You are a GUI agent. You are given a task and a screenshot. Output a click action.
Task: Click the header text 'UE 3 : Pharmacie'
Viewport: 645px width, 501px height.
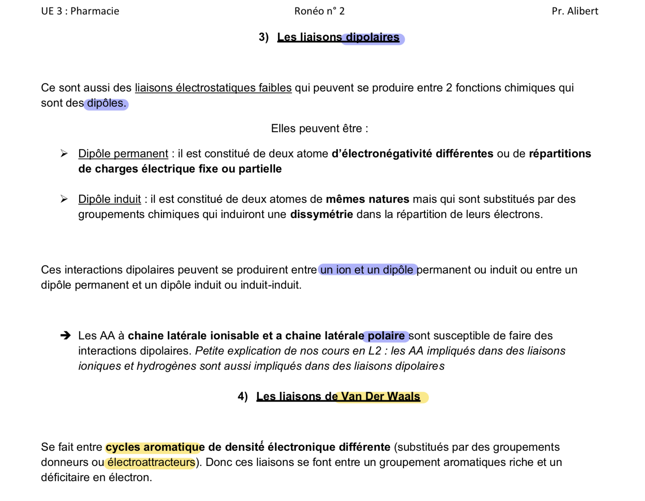[x=80, y=11]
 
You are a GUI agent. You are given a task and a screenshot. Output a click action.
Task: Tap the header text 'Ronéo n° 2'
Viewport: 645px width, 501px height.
[x=319, y=11]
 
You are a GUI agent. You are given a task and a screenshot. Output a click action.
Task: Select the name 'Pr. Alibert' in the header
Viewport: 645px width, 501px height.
[x=575, y=11]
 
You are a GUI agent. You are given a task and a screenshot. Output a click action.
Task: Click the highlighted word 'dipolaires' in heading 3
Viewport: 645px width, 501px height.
[x=373, y=38]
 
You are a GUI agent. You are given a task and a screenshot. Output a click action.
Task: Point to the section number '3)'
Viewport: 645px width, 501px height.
[x=263, y=37]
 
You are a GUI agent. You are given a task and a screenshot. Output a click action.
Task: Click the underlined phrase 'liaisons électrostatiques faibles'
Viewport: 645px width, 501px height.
[x=213, y=88]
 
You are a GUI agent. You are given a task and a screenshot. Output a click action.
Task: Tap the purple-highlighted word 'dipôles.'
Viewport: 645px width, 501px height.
[x=106, y=103]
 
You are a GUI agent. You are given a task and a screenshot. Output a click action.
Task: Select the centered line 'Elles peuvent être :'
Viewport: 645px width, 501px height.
[x=319, y=129]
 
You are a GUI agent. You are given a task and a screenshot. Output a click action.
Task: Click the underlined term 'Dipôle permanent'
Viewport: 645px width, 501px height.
[x=123, y=154]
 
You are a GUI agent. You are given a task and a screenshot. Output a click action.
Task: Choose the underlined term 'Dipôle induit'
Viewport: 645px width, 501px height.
[x=109, y=199]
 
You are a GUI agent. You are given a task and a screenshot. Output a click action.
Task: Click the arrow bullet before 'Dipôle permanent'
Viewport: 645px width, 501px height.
[x=64, y=154]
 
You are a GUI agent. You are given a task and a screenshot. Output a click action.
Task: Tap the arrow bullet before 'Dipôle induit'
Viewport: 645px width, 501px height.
[x=64, y=199]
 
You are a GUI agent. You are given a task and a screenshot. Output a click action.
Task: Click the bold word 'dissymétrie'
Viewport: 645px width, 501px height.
[x=321, y=214]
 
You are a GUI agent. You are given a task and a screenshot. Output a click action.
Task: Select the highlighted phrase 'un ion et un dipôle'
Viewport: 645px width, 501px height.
[x=367, y=270]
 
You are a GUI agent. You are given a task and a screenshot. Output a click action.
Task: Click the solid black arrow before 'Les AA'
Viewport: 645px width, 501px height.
[x=65, y=335]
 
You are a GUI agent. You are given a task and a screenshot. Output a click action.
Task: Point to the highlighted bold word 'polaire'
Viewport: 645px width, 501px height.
[x=386, y=336]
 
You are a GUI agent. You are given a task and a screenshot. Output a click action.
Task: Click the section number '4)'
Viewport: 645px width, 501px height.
[x=242, y=396]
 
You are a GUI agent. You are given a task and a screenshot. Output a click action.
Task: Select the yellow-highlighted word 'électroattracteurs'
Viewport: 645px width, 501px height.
[x=151, y=462]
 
